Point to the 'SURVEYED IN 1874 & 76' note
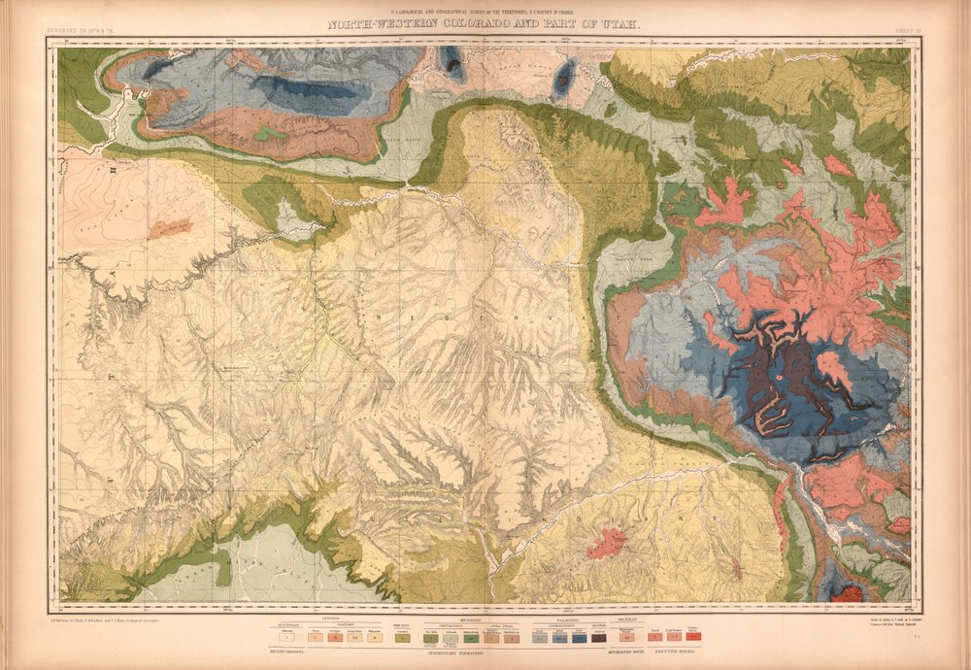86,31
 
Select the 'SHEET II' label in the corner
908,31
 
